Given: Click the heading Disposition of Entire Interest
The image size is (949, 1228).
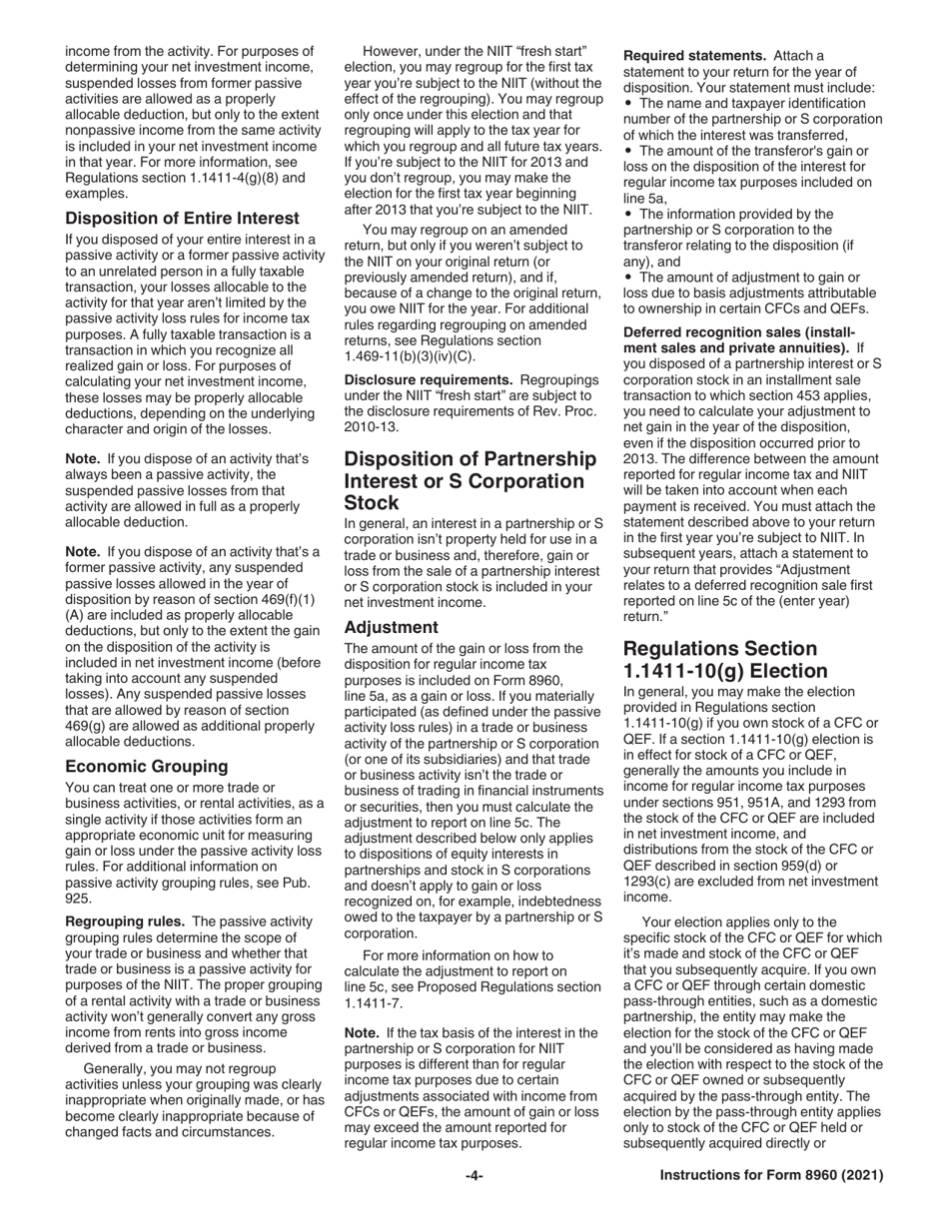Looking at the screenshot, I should coord(182,218).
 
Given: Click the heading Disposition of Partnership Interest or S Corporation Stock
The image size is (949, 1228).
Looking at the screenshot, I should coord(470,480).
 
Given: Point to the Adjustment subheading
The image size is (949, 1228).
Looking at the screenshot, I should coord(391,627).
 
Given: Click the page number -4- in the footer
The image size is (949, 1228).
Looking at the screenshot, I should coord(474,1176).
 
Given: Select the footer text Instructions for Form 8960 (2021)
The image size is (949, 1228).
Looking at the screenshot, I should coord(771,1176).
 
